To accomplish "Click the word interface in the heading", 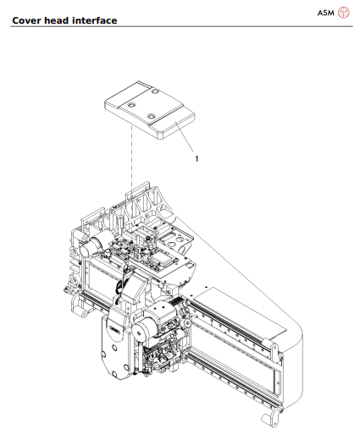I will pos(94,19).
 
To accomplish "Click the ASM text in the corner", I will pos(326,12).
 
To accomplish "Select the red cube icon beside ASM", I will pos(344,12).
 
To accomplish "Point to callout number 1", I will pos(197,157).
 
